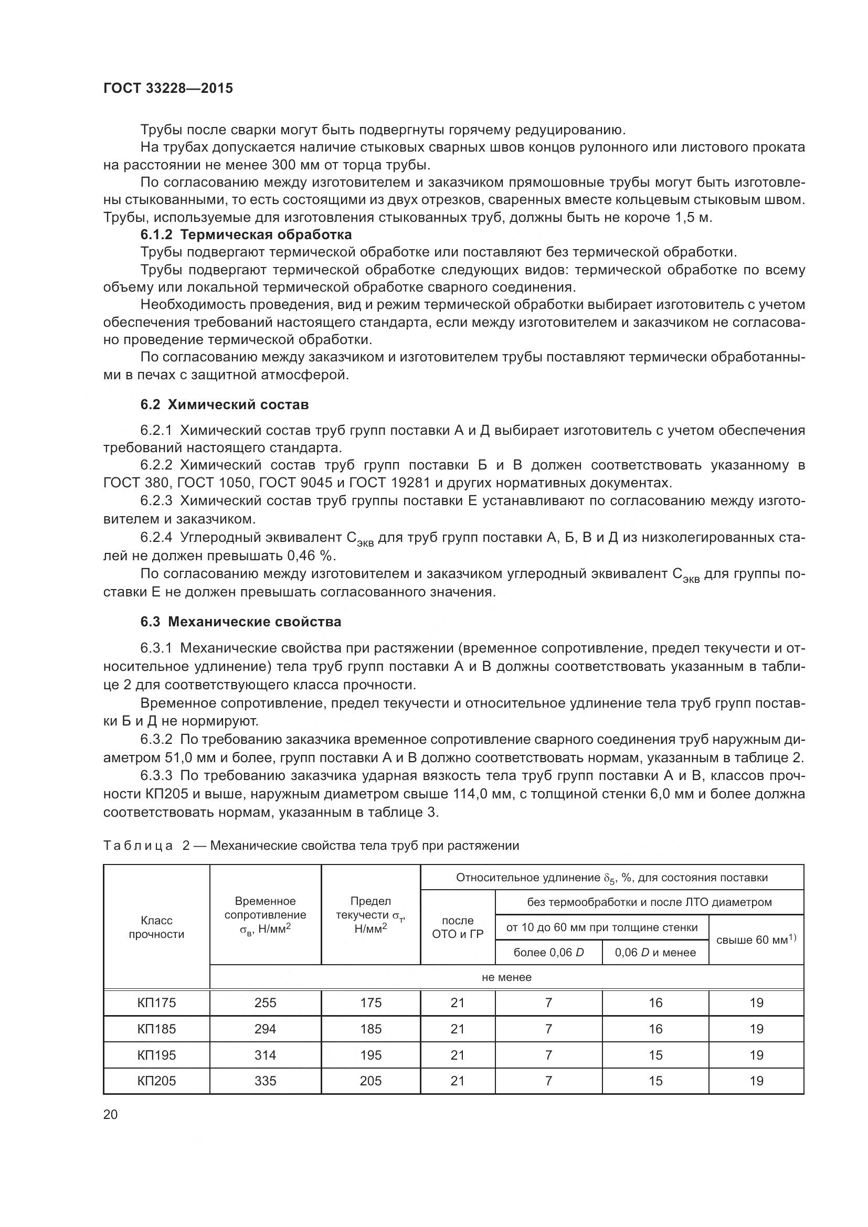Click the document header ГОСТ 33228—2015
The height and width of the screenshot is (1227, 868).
168,89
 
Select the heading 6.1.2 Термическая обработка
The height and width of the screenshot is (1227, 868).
246,234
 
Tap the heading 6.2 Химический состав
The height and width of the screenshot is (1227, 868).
225,404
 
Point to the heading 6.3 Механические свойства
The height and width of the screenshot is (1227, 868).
240,622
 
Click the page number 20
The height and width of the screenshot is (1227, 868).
111,1114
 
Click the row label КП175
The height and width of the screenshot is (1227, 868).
156,1003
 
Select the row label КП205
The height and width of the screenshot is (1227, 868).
156,1081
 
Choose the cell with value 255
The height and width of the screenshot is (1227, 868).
265,1003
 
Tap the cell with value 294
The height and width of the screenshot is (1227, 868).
265,1029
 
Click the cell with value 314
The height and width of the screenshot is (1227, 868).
265,1055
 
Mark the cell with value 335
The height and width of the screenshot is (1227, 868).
265,1081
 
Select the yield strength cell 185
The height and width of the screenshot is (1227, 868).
371,1029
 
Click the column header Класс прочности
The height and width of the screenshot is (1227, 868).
156,927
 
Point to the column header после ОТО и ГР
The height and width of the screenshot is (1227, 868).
458,927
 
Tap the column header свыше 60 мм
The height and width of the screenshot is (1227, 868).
756,940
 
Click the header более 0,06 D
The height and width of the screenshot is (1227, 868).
548,952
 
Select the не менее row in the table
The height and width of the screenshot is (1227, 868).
506,977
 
